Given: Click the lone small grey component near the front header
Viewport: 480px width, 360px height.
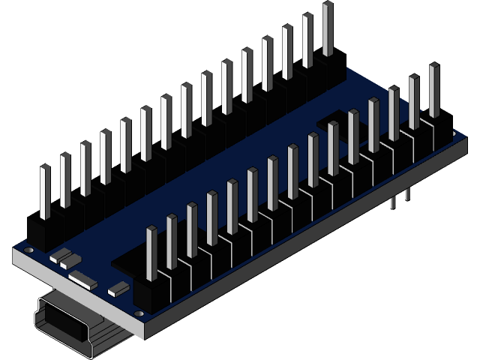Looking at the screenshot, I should coord(118,287).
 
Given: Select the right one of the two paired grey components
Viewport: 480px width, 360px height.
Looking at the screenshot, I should coord(70,261).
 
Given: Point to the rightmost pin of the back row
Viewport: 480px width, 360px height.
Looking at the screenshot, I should coord(327,30).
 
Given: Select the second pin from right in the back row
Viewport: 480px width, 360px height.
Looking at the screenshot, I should coord(307,41).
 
